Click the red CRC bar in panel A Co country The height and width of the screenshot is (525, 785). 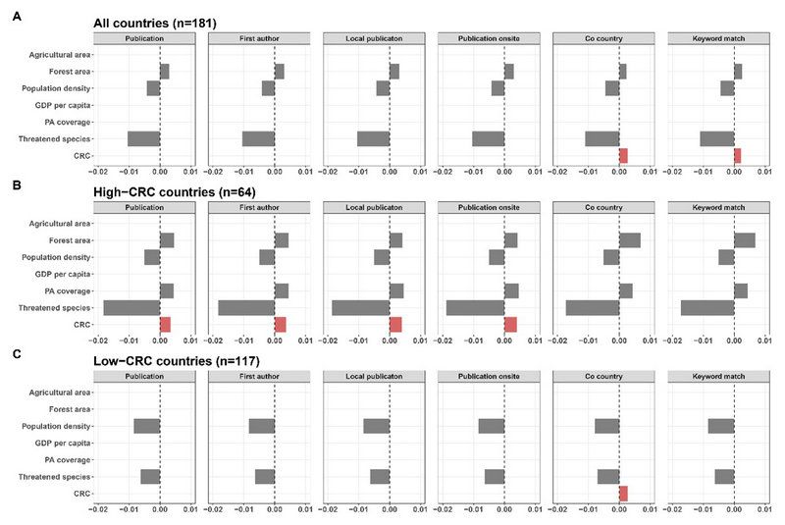pyautogui.click(x=623, y=155)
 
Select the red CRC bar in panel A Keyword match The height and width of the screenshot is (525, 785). pyautogui.click(x=738, y=155)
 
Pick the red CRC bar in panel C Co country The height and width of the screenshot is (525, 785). pyautogui.click(x=623, y=494)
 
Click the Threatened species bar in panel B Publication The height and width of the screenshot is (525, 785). pyautogui.click(x=131, y=307)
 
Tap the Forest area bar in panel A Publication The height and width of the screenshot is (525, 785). pyautogui.click(x=165, y=71)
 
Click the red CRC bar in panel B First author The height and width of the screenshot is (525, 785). pyautogui.click(x=281, y=324)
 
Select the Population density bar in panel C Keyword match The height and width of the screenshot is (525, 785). pyautogui.click(x=721, y=426)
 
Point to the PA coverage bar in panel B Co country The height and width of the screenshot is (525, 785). pyautogui.click(x=626, y=290)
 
